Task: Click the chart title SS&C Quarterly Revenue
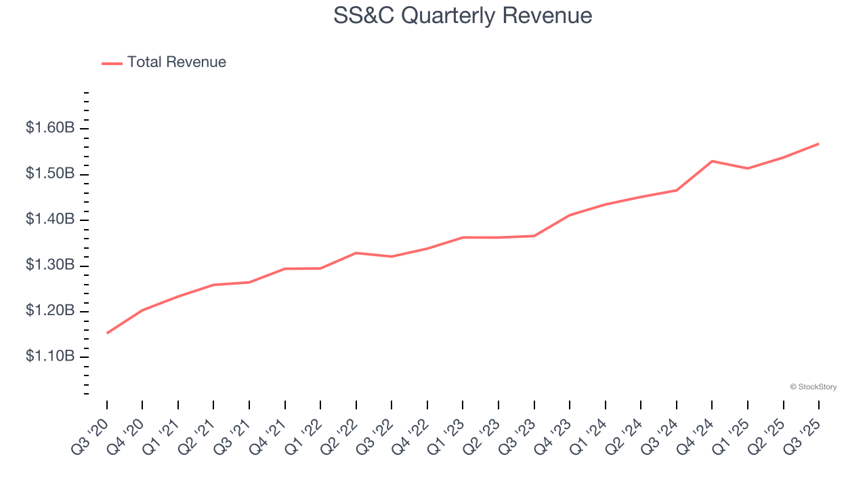[463, 16]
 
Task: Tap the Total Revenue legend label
[176, 62]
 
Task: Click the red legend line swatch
[112, 63]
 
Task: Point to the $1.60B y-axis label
[51, 128]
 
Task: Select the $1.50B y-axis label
[51, 174]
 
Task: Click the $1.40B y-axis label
[51, 220]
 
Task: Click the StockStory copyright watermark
[813, 387]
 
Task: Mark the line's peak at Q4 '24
[712, 161]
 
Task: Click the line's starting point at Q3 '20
[107, 333]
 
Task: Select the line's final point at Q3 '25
[818, 144]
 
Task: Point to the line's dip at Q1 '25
[748, 168]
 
